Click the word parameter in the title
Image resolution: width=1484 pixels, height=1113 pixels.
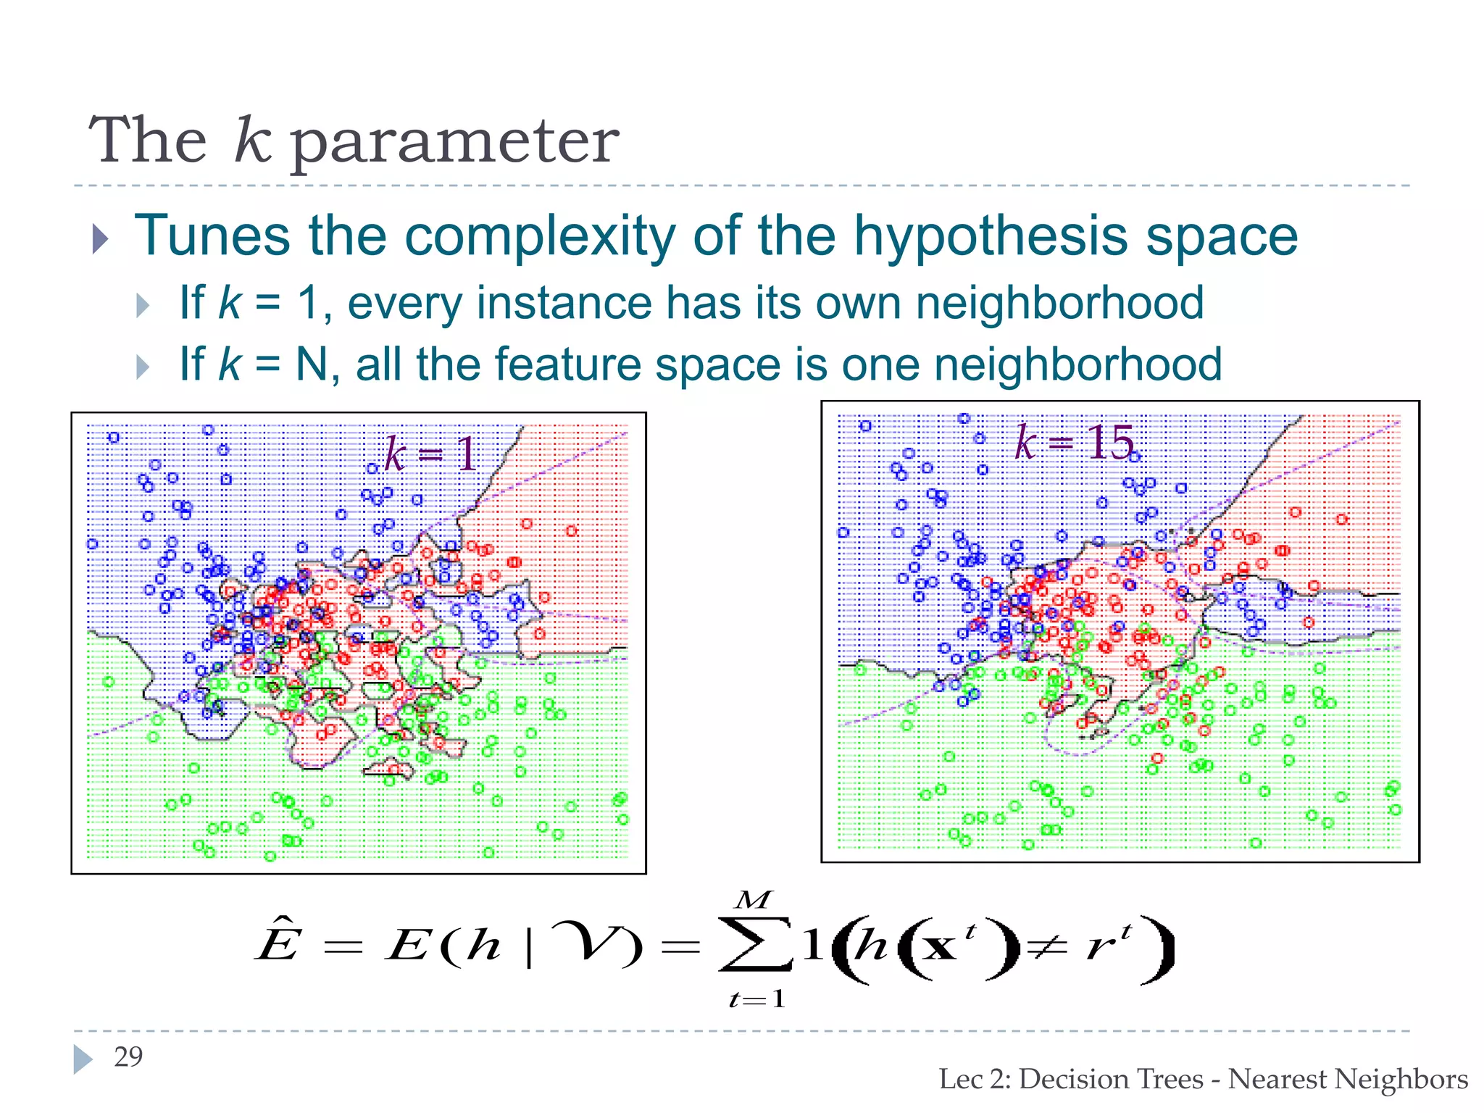pyautogui.click(x=455, y=142)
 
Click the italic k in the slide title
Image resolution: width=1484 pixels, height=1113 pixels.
pyautogui.click(x=252, y=139)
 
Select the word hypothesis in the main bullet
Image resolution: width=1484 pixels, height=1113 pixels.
pyautogui.click(x=991, y=236)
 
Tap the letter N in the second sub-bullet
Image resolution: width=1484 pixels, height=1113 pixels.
pyautogui.click(x=312, y=364)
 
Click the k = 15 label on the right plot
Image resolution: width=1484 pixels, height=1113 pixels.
pyautogui.click(x=1074, y=442)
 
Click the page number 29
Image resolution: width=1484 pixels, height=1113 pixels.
pyautogui.click(x=128, y=1057)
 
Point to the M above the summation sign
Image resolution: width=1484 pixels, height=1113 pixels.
pyautogui.click(x=753, y=901)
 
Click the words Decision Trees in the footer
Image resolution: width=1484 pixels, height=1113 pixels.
pyautogui.click(x=1111, y=1080)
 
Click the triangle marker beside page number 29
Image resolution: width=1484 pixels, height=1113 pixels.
pyautogui.click(x=83, y=1059)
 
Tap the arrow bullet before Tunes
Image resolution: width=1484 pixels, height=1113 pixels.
pyautogui.click(x=101, y=238)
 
